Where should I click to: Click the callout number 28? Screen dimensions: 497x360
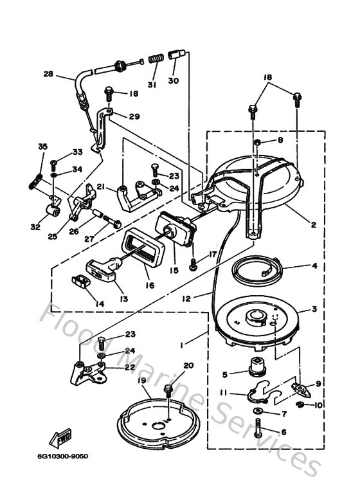pos(48,74)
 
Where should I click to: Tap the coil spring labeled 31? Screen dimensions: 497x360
pos(154,60)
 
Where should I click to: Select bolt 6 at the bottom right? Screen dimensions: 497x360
pos(258,428)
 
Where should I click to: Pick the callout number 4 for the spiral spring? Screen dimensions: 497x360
pos(314,266)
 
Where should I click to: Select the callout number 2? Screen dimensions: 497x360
pos(313,224)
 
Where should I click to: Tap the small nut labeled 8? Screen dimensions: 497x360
pos(256,141)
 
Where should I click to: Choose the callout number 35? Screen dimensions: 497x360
pos(43,147)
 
